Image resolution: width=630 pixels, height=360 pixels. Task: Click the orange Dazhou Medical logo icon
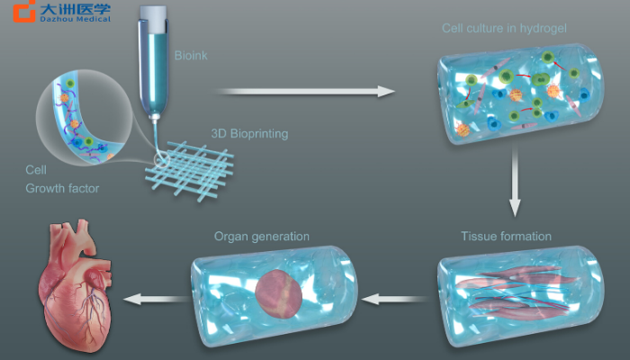click(24, 11)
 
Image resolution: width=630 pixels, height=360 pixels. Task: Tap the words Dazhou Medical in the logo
click(75, 19)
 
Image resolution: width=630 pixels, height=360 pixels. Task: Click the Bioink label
click(191, 56)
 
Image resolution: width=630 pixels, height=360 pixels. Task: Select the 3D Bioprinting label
click(249, 134)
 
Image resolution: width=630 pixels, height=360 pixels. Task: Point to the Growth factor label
click(62, 188)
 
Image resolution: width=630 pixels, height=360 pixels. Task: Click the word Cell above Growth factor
click(36, 169)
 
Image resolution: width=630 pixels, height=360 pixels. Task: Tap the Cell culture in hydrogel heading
click(504, 28)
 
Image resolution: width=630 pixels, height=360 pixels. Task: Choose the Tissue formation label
click(506, 236)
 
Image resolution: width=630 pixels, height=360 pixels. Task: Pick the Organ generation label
click(262, 236)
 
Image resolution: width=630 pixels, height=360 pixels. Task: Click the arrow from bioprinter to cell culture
click(305, 92)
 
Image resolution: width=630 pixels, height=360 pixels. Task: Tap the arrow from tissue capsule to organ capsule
click(396, 300)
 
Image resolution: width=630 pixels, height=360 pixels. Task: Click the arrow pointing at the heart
click(157, 300)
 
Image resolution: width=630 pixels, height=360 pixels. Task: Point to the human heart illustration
click(75, 286)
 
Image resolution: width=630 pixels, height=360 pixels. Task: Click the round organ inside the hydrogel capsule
click(278, 293)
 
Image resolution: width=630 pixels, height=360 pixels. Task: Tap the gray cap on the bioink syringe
click(153, 19)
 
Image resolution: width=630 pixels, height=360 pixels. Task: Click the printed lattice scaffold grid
click(190, 170)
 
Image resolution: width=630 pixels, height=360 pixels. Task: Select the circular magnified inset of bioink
click(84, 117)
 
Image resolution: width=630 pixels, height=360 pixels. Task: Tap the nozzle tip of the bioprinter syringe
click(154, 118)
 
